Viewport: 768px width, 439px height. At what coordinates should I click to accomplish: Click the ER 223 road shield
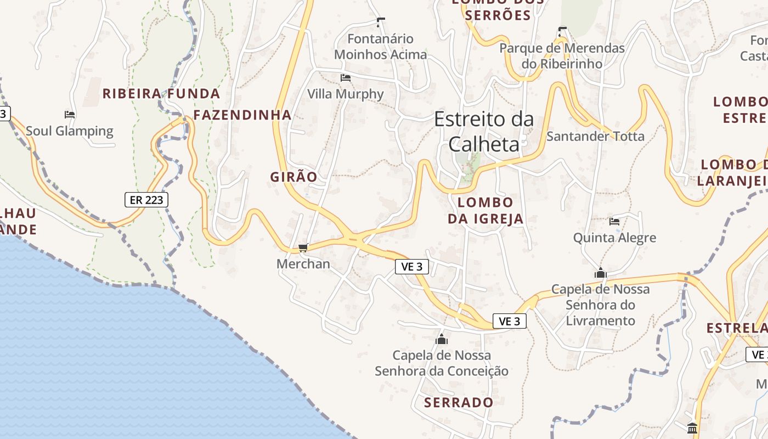pyautogui.click(x=146, y=200)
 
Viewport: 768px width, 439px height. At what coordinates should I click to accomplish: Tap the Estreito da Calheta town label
pyautogui.click(x=483, y=132)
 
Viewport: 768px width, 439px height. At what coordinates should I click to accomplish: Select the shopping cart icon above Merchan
pyautogui.click(x=303, y=248)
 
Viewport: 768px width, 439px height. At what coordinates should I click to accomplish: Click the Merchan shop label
pyautogui.click(x=303, y=264)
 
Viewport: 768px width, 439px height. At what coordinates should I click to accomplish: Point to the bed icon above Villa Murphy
pyautogui.click(x=346, y=78)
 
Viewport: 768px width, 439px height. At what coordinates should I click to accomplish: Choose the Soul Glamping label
pyautogui.click(x=70, y=131)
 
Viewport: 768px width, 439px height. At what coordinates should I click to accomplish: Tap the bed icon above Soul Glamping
pyautogui.click(x=70, y=115)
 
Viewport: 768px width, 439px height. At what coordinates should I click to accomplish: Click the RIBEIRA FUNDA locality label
pyautogui.click(x=161, y=94)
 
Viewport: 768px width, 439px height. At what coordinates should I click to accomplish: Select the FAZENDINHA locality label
pyautogui.click(x=242, y=115)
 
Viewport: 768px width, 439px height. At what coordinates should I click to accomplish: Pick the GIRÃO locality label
pyautogui.click(x=293, y=177)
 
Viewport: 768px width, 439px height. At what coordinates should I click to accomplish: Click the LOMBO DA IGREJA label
pyautogui.click(x=485, y=211)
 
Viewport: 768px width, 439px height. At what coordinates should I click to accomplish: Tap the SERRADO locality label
pyautogui.click(x=459, y=403)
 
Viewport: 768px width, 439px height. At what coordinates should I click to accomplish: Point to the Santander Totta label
pyautogui.click(x=595, y=136)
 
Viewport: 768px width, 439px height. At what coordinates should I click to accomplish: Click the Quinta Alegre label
pyautogui.click(x=614, y=238)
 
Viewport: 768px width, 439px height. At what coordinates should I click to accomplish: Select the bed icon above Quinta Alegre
pyautogui.click(x=614, y=222)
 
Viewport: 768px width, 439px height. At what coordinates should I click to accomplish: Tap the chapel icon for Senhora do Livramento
pyautogui.click(x=601, y=273)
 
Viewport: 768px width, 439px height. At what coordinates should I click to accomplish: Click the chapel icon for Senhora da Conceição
pyautogui.click(x=442, y=340)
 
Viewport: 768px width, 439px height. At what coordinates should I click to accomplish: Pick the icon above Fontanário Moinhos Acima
pyautogui.click(x=381, y=22)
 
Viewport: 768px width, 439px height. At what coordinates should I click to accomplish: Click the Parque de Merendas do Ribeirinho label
pyautogui.click(x=562, y=56)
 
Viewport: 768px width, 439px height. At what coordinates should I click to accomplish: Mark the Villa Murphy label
pyautogui.click(x=346, y=94)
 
